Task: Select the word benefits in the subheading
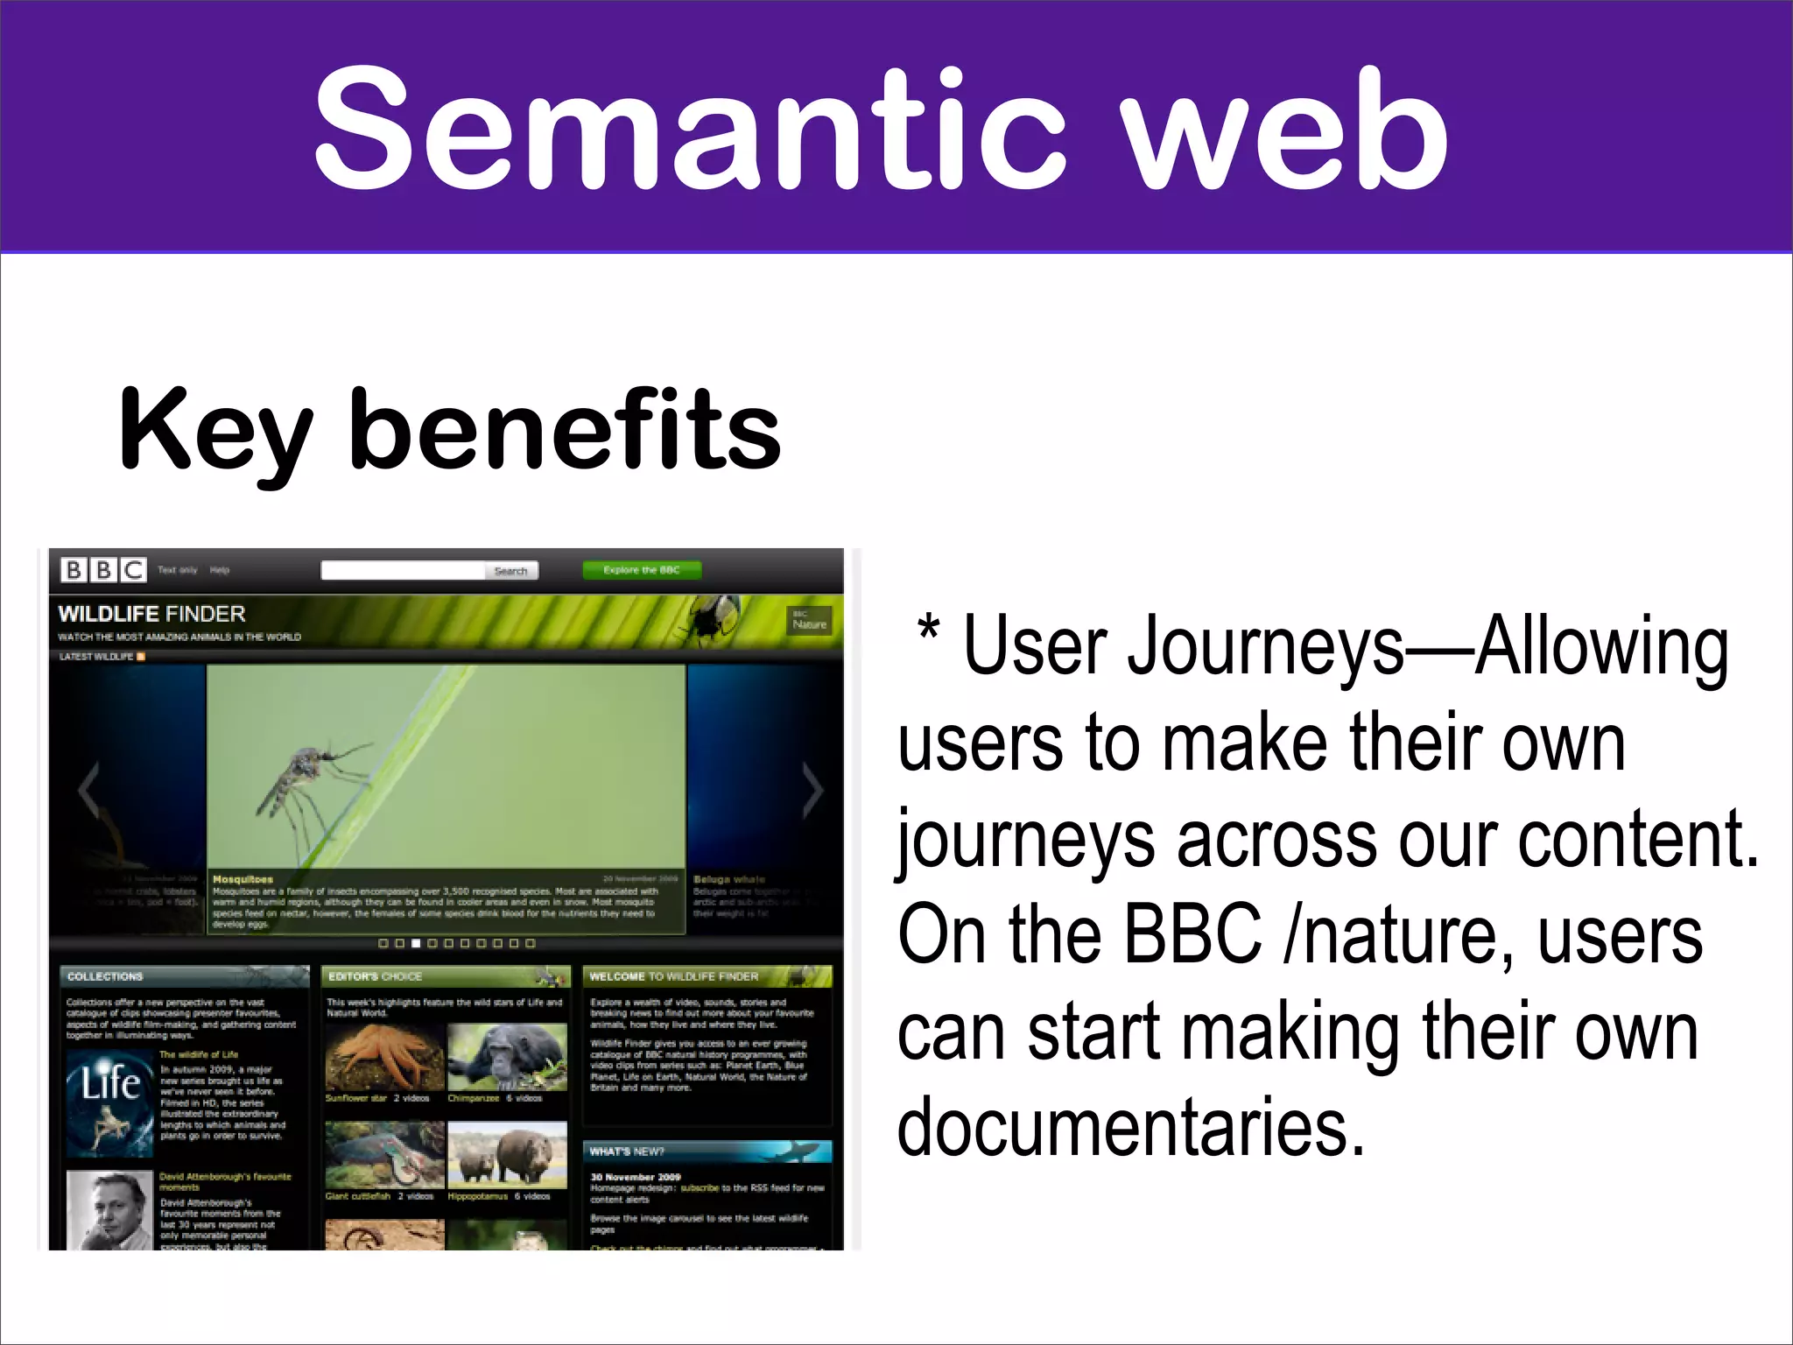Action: [565, 429]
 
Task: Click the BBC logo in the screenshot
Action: [103, 570]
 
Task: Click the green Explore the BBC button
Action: [642, 570]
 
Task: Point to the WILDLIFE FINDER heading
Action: [152, 614]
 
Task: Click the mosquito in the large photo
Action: [306, 779]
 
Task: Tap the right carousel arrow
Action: [812, 791]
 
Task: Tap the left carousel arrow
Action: [88, 791]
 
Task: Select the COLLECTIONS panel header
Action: [105, 976]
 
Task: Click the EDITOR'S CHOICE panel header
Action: [375, 976]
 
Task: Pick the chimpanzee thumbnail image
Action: [506, 1058]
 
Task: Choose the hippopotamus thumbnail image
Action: [506, 1156]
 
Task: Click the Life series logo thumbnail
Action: [110, 1102]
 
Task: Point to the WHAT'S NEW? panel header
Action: [627, 1151]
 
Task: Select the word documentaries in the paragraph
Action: [1131, 1127]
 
